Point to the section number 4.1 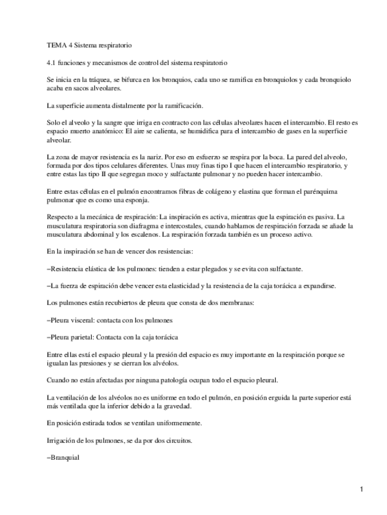52,63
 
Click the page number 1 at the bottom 361,489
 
